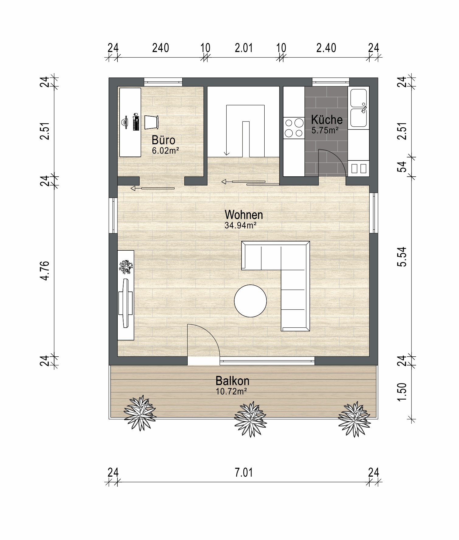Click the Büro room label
163,140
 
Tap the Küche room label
327,119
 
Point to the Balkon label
232,381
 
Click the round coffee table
250,301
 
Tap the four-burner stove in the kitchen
294,128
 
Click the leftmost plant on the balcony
140,413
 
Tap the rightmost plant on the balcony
354,419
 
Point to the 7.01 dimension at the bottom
244,473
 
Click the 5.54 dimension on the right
402,257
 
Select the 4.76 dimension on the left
45,270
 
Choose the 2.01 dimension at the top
244,48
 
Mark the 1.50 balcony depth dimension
402,392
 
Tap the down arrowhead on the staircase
226,154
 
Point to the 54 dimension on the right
402,167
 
